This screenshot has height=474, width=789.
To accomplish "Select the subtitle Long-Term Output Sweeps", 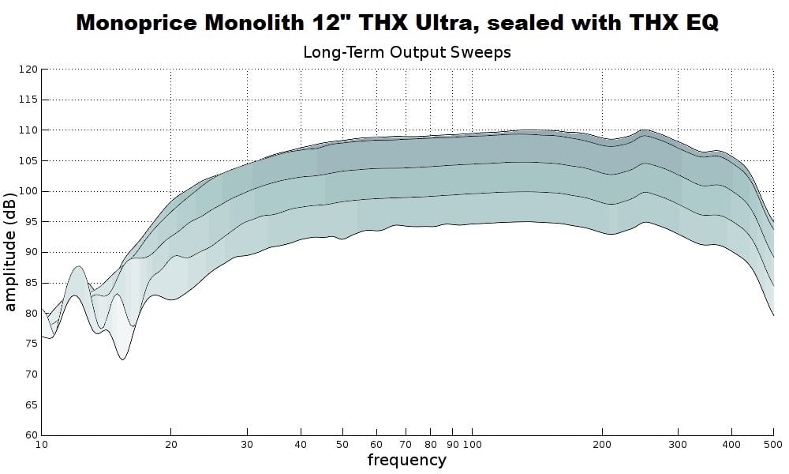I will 407,52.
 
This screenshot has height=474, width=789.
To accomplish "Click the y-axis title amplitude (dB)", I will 10,251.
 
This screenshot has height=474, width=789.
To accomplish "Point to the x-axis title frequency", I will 406,459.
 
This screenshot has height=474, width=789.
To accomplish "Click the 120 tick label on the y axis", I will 28,70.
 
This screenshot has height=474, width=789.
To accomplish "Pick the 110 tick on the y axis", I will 28,130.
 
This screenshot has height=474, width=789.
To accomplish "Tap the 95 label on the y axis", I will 31,222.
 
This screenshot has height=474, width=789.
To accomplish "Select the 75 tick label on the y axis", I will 31,344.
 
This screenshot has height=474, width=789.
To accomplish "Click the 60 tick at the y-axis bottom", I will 31,435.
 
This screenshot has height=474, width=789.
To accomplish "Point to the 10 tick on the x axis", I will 42,445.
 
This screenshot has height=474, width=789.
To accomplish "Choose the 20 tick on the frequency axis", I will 171,445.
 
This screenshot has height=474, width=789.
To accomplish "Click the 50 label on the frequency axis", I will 342,445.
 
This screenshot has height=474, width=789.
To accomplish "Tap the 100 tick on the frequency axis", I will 472,445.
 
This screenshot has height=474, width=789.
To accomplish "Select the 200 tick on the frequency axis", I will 602,445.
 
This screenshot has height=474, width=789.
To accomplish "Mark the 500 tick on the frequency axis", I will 773,445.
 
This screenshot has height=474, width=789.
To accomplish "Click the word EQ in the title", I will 697,22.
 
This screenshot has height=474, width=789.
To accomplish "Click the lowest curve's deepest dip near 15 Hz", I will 123,359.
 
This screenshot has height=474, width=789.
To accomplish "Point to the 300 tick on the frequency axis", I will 678,445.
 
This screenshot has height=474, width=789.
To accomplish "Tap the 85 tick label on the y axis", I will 31,283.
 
